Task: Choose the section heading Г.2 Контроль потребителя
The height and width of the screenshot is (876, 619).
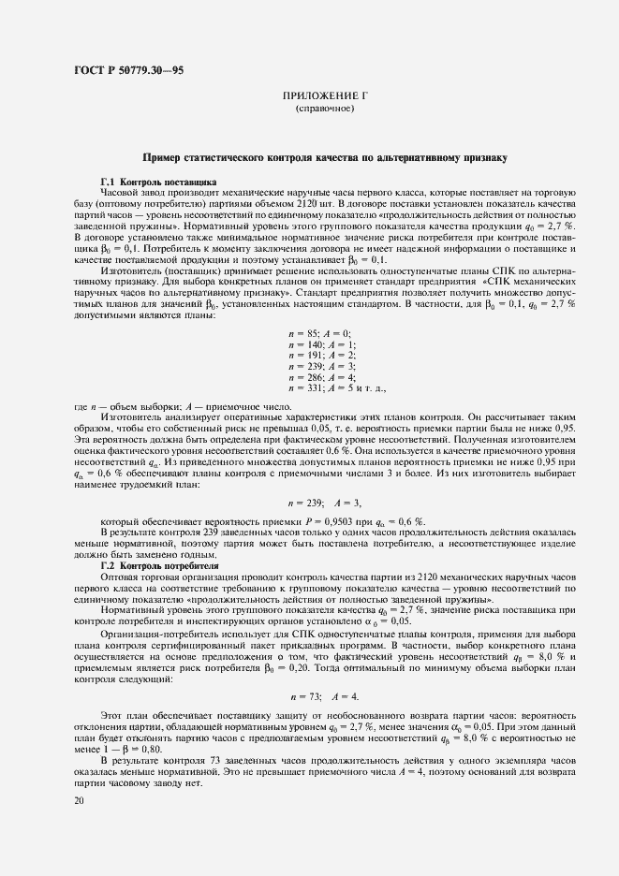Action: pyautogui.click(x=159, y=566)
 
